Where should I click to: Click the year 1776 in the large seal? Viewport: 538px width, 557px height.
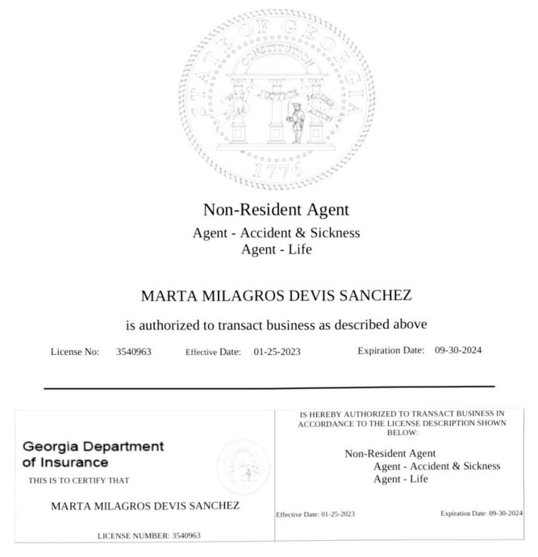277,170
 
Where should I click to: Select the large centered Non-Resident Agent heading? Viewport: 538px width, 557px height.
276,210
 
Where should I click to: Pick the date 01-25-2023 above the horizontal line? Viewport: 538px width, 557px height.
277,352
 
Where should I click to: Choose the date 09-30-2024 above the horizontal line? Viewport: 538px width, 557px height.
458,350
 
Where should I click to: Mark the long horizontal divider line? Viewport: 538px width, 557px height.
269,387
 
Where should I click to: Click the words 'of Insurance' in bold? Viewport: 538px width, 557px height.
65,463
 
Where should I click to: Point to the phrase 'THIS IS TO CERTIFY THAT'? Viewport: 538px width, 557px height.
79,480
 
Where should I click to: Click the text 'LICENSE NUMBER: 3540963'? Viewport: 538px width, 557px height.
149,535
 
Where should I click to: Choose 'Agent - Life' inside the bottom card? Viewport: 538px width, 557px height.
401,479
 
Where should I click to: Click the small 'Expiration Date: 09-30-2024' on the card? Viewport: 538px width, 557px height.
482,513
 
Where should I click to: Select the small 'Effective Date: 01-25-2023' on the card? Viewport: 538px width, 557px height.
315,514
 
